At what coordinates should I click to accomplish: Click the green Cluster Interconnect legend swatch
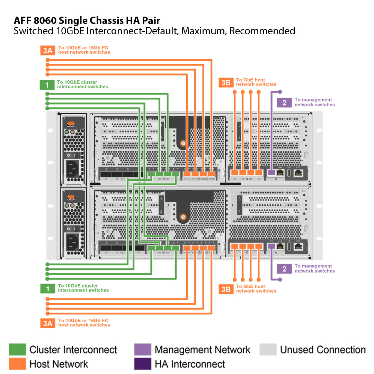click(x=17, y=349)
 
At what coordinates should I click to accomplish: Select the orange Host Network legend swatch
click(x=17, y=364)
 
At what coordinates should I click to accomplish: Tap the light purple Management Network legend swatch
click(x=142, y=349)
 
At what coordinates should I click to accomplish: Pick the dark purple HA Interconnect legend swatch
click(x=142, y=364)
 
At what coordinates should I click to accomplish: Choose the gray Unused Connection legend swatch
click(x=268, y=349)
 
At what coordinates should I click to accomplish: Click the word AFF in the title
click(x=23, y=20)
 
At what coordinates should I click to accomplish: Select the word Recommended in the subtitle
click(x=262, y=31)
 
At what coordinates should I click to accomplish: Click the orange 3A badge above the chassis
click(x=47, y=51)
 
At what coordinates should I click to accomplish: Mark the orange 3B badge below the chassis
click(x=226, y=289)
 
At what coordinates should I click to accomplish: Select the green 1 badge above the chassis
click(x=47, y=85)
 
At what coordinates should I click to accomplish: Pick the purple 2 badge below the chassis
click(x=284, y=269)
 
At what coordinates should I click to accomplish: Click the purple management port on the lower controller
click(x=271, y=246)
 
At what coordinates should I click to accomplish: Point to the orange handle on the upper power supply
click(x=71, y=123)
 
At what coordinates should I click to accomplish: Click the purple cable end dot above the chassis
click(x=280, y=92)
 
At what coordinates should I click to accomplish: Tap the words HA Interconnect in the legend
click(x=190, y=364)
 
